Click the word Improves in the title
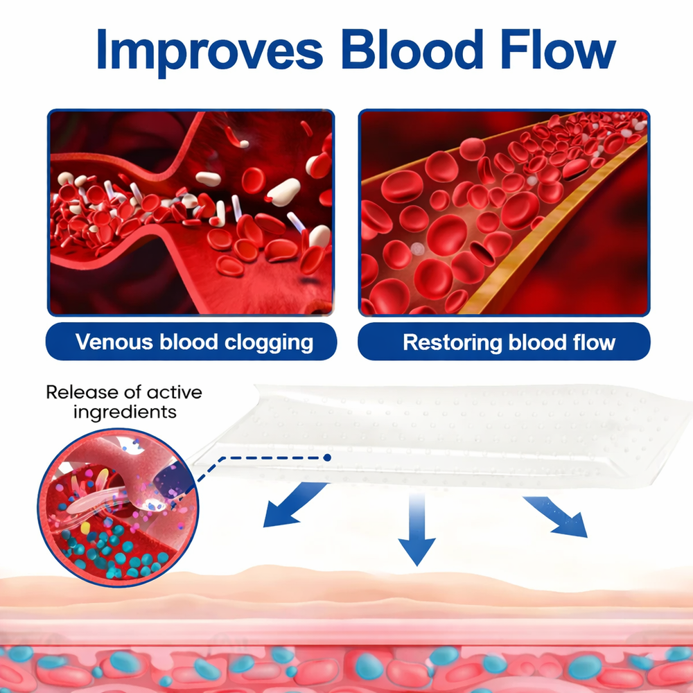[209, 51]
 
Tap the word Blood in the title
[412, 49]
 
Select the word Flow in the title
[558, 49]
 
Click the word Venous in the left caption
[114, 342]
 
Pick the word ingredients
[125, 412]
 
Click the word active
[174, 392]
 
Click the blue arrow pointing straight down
[416, 529]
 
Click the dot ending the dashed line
[327, 457]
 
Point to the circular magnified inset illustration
[118, 507]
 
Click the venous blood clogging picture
[191, 213]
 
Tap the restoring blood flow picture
[504, 213]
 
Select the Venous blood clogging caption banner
[191, 342]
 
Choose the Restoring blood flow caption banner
[504, 342]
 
